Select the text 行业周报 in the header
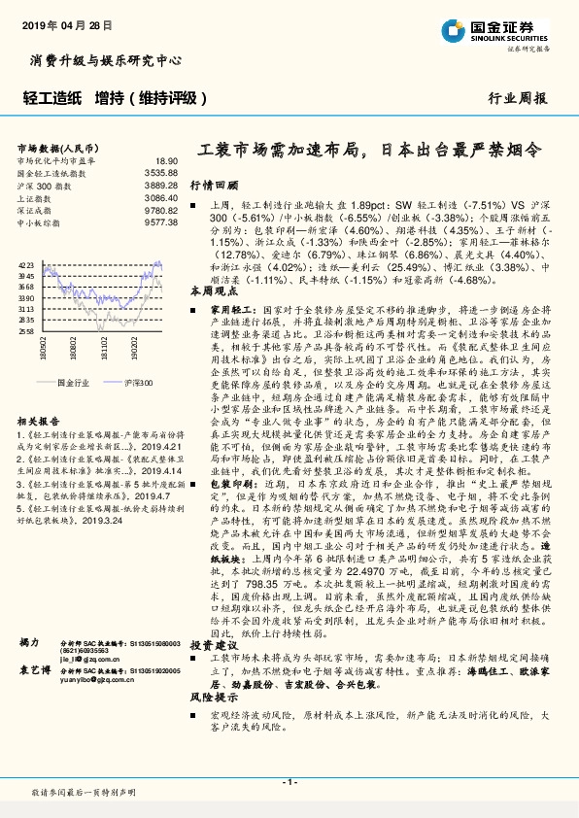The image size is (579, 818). pos(517,97)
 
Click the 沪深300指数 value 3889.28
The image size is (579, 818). pos(160,185)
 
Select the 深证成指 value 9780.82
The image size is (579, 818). pos(160,210)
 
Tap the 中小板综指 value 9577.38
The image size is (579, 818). pos(160,222)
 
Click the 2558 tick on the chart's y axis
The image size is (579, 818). pos(26,331)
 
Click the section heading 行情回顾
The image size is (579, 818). pos(213,184)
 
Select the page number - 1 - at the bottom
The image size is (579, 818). pos(289,783)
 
